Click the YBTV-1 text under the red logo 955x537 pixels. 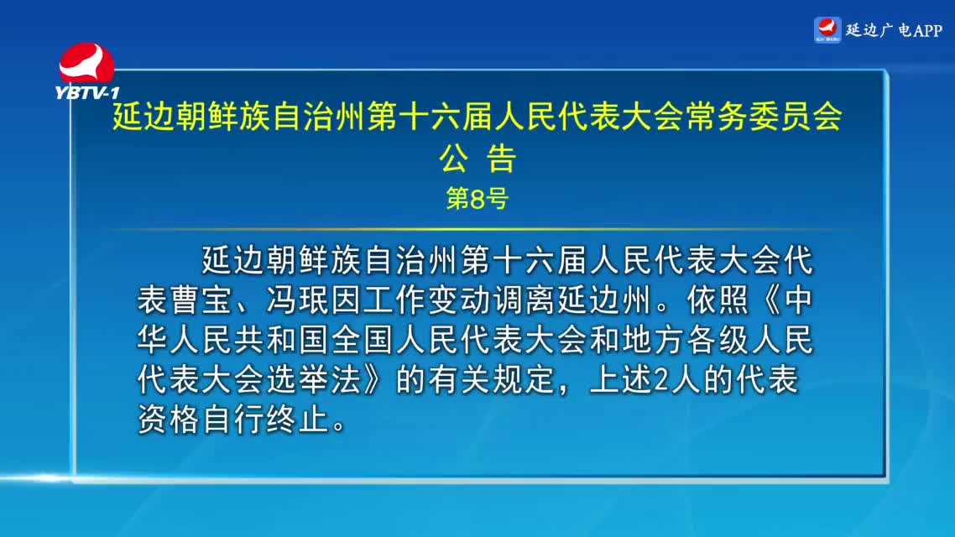[87, 92]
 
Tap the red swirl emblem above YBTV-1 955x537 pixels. [86, 63]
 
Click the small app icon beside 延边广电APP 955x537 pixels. [827, 30]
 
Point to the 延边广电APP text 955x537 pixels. [894, 30]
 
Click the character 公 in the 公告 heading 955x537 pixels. [454, 159]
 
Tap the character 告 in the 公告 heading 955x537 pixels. [501, 159]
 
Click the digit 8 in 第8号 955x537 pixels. [477, 199]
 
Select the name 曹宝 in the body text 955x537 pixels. [201, 300]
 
